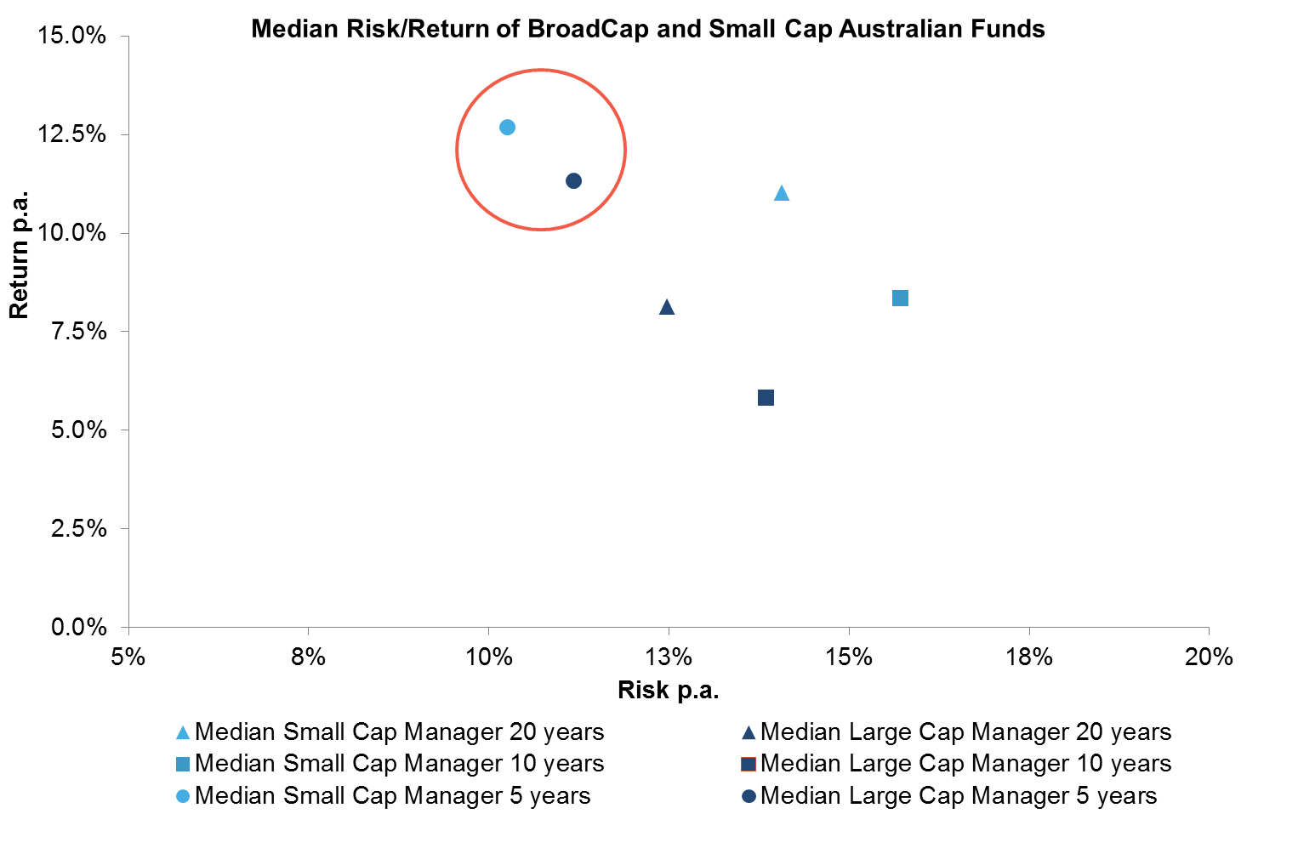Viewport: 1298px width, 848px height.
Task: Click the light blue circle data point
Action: [x=507, y=127]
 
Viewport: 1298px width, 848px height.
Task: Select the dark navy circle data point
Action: [x=573, y=180]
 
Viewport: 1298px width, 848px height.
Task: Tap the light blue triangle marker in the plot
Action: [x=782, y=194]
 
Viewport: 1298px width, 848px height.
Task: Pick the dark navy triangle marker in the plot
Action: [x=667, y=308]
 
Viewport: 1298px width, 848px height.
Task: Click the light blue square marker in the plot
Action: [x=900, y=298]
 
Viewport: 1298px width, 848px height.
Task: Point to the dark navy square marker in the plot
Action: [x=766, y=397]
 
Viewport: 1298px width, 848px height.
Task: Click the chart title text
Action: [x=647, y=29]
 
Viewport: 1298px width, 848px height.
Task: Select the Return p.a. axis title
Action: [x=19, y=254]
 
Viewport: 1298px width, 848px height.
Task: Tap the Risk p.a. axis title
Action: [x=668, y=690]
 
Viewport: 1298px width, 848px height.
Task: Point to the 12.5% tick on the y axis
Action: [x=72, y=134]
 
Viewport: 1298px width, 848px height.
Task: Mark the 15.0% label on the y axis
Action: [x=72, y=36]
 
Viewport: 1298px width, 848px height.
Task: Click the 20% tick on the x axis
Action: [x=1209, y=657]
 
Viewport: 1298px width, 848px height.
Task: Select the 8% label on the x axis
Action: [x=308, y=657]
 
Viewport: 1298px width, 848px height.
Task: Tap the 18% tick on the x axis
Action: [x=1028, y=657]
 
